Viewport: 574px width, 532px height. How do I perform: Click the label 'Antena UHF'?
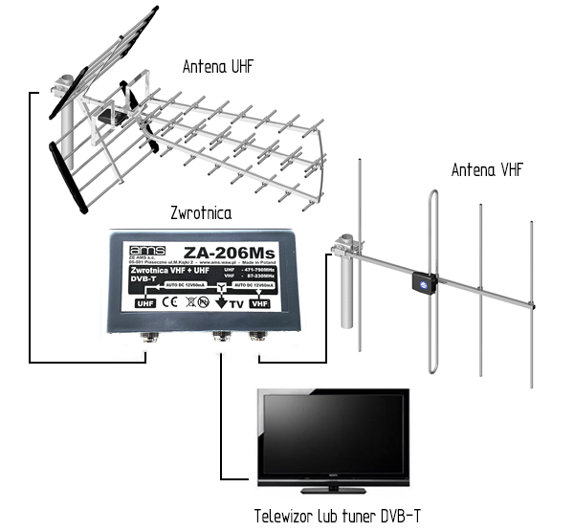click(222, 66)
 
